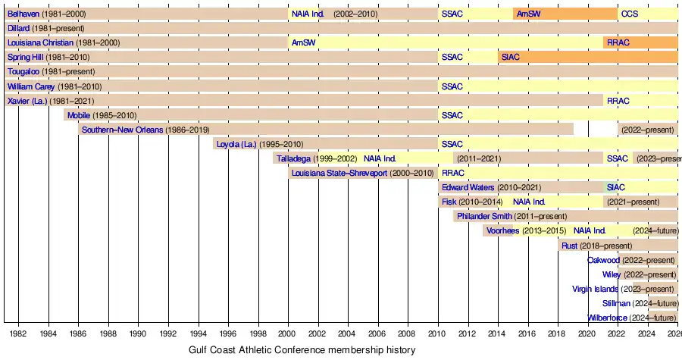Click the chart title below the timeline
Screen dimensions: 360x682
tap(302, 350)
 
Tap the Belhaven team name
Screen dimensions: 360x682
tap(23, 14)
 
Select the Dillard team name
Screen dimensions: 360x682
tap(19, 28)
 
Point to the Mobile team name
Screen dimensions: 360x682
tap(79, 115)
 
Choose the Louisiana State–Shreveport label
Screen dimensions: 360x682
tap(339, 173)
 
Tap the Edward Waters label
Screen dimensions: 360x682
tap(468, 187)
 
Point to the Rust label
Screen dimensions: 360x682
tap(569, 245)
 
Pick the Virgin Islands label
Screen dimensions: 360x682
tap(596, 289)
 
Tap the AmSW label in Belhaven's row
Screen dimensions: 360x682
tap(528, 14)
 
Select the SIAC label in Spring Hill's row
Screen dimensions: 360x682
tap(510, 57)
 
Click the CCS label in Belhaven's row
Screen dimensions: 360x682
tap(629, 14)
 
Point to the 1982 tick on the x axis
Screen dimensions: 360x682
tap(18, 333)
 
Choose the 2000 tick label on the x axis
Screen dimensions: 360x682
tap(288, 333)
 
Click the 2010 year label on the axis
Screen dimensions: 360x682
tap(437, 333)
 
